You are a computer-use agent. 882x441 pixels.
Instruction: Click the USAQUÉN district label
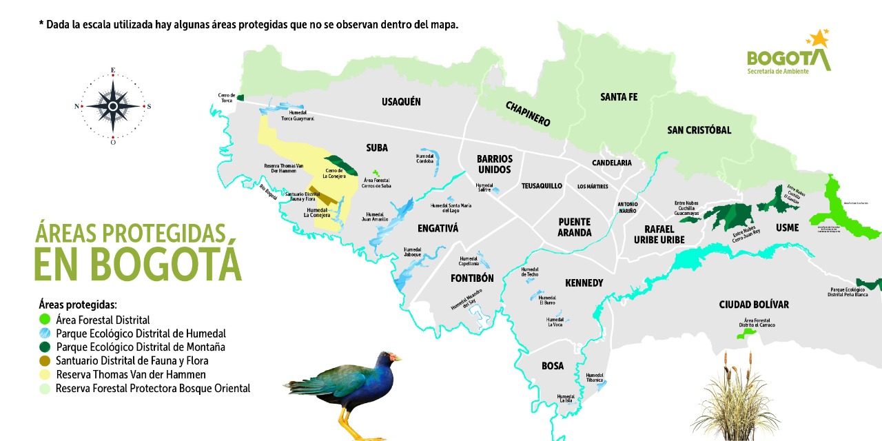tap(401, 102)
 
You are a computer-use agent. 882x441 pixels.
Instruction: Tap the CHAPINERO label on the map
tap(528, 114)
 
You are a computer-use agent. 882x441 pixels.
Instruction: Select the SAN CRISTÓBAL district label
tap(699, 130)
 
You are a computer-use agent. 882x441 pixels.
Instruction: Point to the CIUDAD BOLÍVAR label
tap(753, 305)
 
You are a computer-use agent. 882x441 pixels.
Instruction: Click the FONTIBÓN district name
tap(472, 278)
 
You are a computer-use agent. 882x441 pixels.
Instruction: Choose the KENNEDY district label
tap(584, 283)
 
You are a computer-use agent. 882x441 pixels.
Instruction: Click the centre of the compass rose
tap(113, 106)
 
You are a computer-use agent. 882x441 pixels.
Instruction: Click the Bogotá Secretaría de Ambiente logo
tap(789, 53)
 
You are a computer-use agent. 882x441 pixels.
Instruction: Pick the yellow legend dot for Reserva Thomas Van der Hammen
tap(45, 374)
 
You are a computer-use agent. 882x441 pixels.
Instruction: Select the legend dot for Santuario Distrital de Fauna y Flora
tap(45, 360)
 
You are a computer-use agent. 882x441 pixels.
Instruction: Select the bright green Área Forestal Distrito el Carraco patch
tap(746, 334)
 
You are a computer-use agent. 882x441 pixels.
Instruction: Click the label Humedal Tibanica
tap(595, 377)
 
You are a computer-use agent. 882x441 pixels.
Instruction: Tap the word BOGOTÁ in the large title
tap(138, 263)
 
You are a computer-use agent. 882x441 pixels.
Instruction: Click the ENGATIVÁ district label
tap(438, 228)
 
